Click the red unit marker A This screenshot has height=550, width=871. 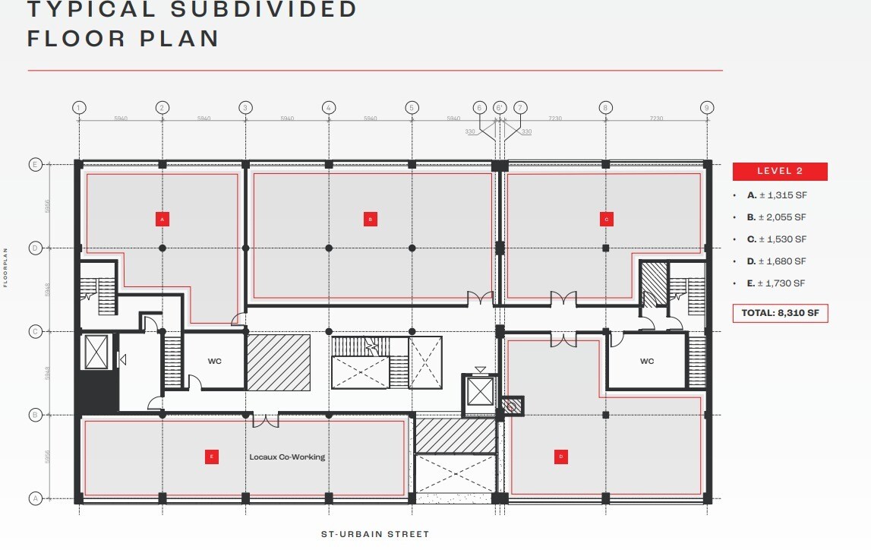[x=161, y=219]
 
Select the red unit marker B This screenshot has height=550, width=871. [x=370, y=219]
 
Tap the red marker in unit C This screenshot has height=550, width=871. [x=606, y=219]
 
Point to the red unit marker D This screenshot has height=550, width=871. [x=560, y=457]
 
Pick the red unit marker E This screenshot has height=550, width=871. [x=212, y=457]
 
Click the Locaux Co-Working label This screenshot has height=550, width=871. [x=287, y=457]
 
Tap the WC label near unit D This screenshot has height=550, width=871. [x=646, y=362]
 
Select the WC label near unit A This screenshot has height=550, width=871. [x=214, y=362]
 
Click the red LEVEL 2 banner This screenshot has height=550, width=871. [x=780, y=171]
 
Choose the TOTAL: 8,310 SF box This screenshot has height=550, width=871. [x=780, y=312]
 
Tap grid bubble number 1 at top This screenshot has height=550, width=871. [x=79, y=108]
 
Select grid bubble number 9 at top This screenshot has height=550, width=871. [x=706, y=108]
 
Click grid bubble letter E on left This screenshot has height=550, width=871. [x=34, y=164]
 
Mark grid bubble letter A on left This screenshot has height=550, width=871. [x=34, y=498]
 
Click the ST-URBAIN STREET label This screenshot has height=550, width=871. [x=375, y=534]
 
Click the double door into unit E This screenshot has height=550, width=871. [x=266, y=420]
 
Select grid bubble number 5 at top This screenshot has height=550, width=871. [x=412, y=108]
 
